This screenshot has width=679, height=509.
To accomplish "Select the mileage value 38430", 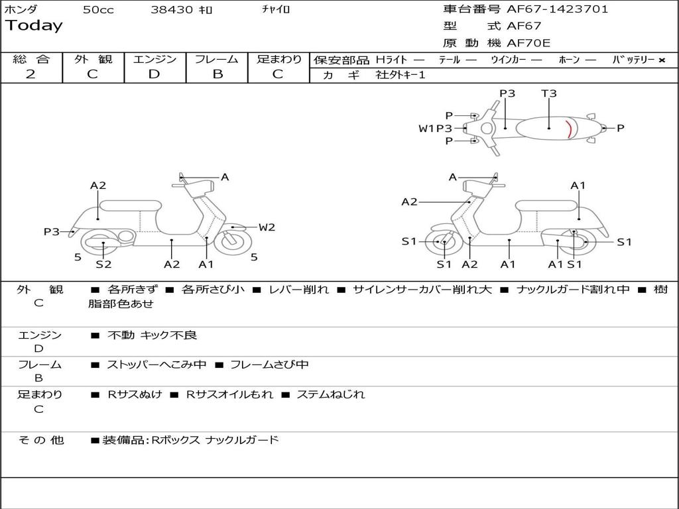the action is [x=172, y=10].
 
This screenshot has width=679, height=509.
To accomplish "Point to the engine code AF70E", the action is [x=528, y=44].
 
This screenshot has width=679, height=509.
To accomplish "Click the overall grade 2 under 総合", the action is [x=31, y=74].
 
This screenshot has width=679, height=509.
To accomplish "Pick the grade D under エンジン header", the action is [x=154, y=74].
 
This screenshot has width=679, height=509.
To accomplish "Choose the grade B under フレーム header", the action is [x=217, y=74].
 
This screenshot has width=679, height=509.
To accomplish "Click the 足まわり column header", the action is [x=279, y=60].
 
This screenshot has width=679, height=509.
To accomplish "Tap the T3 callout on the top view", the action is [x=549, y=93].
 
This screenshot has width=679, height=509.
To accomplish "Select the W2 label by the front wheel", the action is [x=267, y=227].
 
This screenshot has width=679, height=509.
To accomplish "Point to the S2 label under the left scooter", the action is [x=103, y=264].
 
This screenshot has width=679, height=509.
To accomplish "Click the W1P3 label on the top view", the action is [x=435, y=129].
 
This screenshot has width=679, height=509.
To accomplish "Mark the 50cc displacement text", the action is [x=98, y=10].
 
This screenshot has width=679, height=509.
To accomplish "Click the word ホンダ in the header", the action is [x=21, y=9].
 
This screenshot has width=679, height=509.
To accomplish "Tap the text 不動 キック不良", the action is [x=152, y=335].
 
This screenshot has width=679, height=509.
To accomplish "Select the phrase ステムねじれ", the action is [x=330, y=394].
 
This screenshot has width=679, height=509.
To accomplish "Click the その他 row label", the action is [x=40, y=440].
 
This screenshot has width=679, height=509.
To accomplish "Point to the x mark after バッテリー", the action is [x=661, y=60].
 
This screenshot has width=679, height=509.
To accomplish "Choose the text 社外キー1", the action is [x=401, y=75].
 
